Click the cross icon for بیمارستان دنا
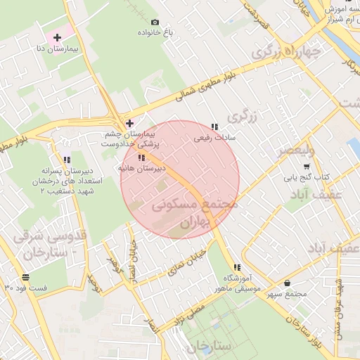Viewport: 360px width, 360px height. click(58, 37)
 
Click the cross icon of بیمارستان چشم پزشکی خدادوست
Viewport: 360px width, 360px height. click(129, 124)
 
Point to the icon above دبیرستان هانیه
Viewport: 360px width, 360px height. click(141, 158)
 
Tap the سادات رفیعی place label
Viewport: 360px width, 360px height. click(212, 138)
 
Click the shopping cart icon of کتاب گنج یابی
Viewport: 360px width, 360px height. click(307, 167)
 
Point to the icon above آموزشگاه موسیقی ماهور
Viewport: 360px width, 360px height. click(237, 267)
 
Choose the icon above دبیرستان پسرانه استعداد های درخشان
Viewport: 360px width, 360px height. click(67, 160)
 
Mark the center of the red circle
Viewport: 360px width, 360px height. click(180, 179)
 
